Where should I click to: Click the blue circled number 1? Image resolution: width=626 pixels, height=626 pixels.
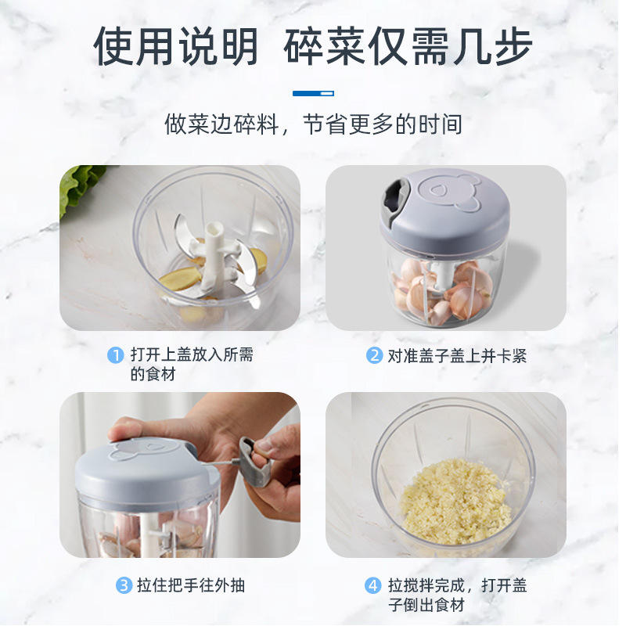click(115, 355)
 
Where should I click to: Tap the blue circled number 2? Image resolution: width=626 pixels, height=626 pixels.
click(375, 355)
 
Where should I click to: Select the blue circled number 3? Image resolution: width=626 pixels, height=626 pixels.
click(124, 585)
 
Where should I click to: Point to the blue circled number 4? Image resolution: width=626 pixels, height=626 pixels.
click(373, 585)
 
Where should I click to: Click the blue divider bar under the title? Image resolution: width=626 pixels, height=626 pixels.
click(314, 93)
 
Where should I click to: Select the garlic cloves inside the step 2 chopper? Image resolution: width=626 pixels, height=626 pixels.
click(443, 290)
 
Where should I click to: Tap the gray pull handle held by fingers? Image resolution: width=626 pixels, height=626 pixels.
click(254, 462)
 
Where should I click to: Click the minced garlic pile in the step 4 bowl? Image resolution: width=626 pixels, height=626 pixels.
click(455, 502)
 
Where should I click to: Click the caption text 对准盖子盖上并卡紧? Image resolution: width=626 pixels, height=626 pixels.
click(457, 355)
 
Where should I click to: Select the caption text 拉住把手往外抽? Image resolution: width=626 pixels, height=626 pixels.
click(191, 585)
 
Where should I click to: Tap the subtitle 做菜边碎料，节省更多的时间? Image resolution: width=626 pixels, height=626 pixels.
click(314, 124)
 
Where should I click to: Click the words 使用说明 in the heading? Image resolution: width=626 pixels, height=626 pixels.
click(175, 46)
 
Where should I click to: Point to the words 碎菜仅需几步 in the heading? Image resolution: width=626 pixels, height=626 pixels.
click(408, 46)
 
